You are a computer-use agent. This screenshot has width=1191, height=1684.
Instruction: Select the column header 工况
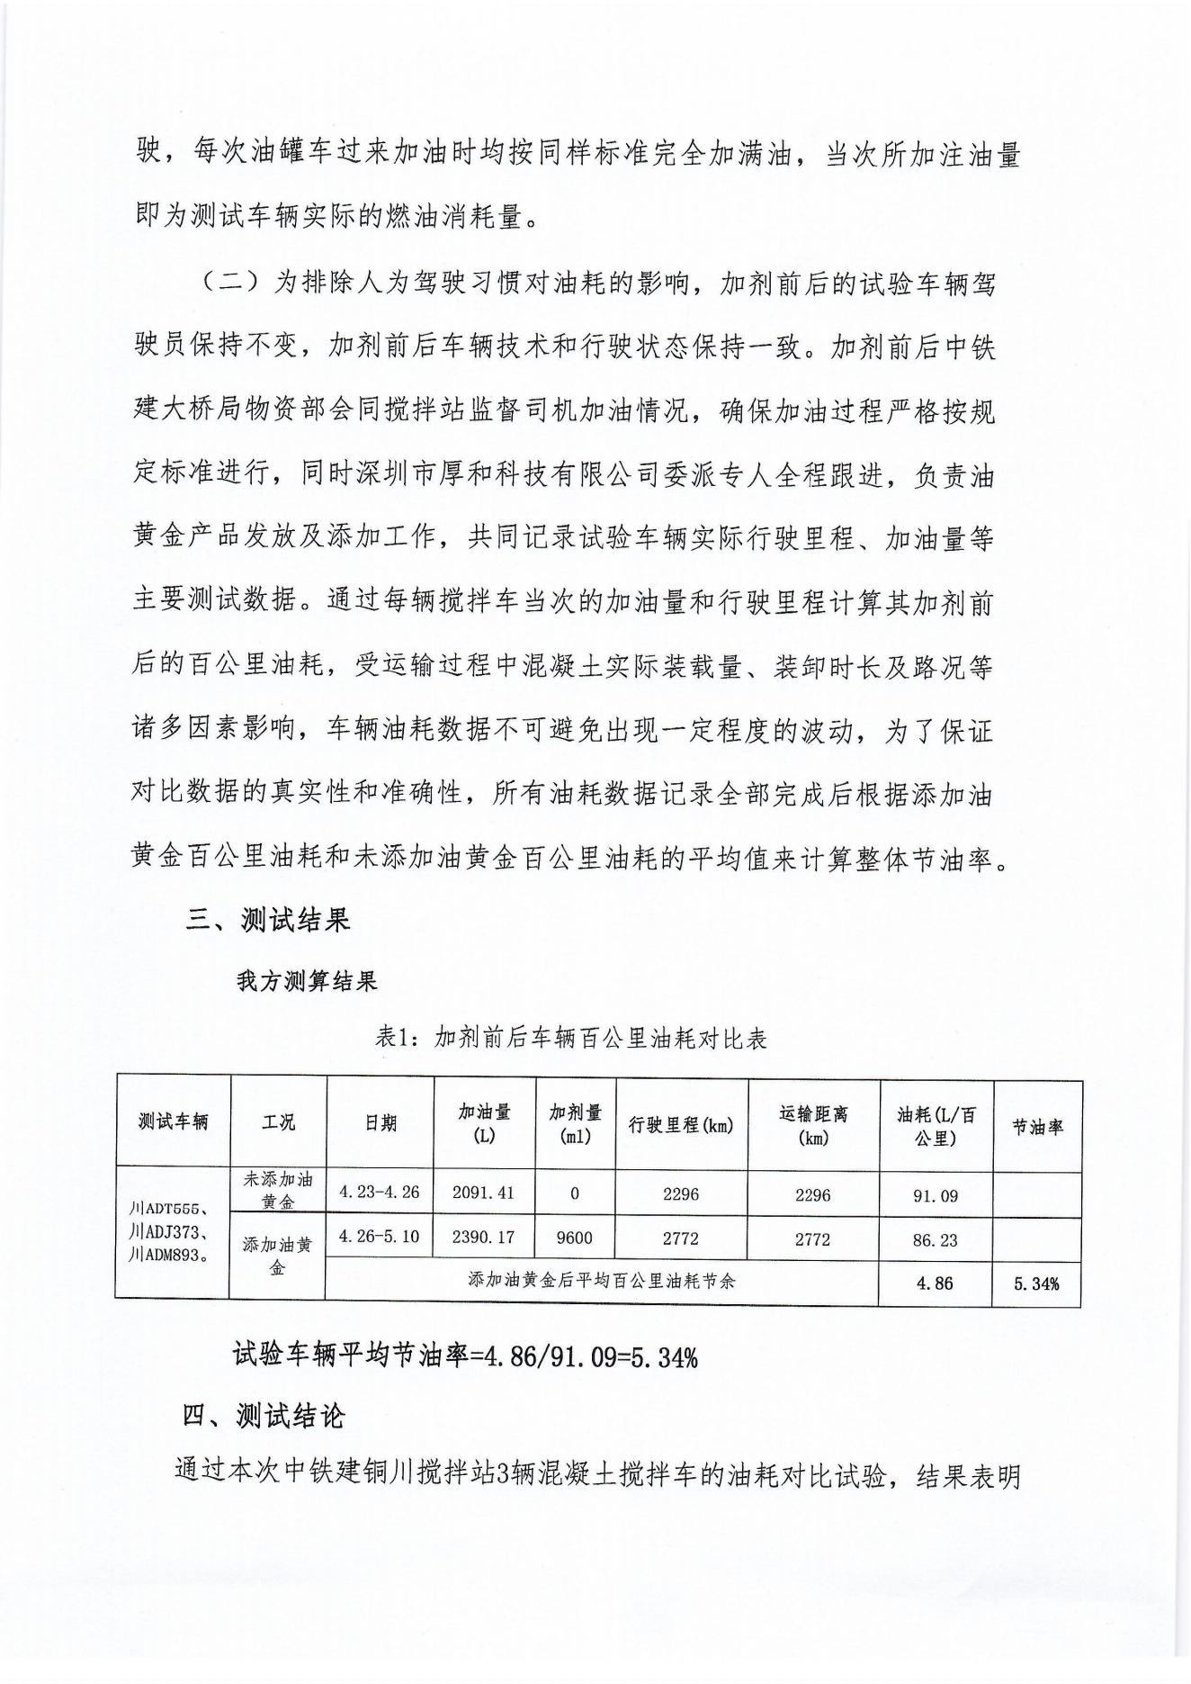tap(278, 1122)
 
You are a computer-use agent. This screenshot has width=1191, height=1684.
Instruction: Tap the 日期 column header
tap(380, 1123)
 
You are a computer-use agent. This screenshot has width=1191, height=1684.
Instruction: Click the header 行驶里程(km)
tap(680, 1125)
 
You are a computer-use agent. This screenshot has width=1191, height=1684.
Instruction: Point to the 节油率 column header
tap(1037, 1127)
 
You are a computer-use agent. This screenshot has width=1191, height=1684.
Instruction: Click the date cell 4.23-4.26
tap(380, 1193)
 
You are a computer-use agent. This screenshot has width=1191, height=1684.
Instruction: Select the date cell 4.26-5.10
tap(380, 1237)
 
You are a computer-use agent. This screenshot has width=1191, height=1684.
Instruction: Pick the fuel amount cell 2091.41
tap(484, 1193)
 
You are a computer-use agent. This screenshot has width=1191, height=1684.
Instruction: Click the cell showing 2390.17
tap(484, 1238)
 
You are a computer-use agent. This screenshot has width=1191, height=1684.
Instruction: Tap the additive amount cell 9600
tap(575, 1238)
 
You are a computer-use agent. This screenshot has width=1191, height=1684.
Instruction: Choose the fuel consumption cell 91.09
tap(936, 1196)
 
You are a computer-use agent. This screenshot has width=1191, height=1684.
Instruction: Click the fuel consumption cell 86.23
tap(936, 1240)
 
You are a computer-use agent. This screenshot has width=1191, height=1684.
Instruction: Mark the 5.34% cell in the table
tap(1036, 1284)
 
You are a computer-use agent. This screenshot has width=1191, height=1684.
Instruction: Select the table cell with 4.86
tap(936, 1283)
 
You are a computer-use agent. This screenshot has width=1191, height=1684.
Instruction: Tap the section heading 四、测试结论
tap(263, 1416)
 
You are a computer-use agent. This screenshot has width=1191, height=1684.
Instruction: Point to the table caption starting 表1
tap(571, 1039)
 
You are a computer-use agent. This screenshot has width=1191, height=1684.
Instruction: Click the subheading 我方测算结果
tap(307, 981)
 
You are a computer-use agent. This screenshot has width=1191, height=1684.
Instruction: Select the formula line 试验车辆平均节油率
tap(465, 1355)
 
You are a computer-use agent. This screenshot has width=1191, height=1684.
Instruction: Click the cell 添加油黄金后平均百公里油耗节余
tap(602, 1280)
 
